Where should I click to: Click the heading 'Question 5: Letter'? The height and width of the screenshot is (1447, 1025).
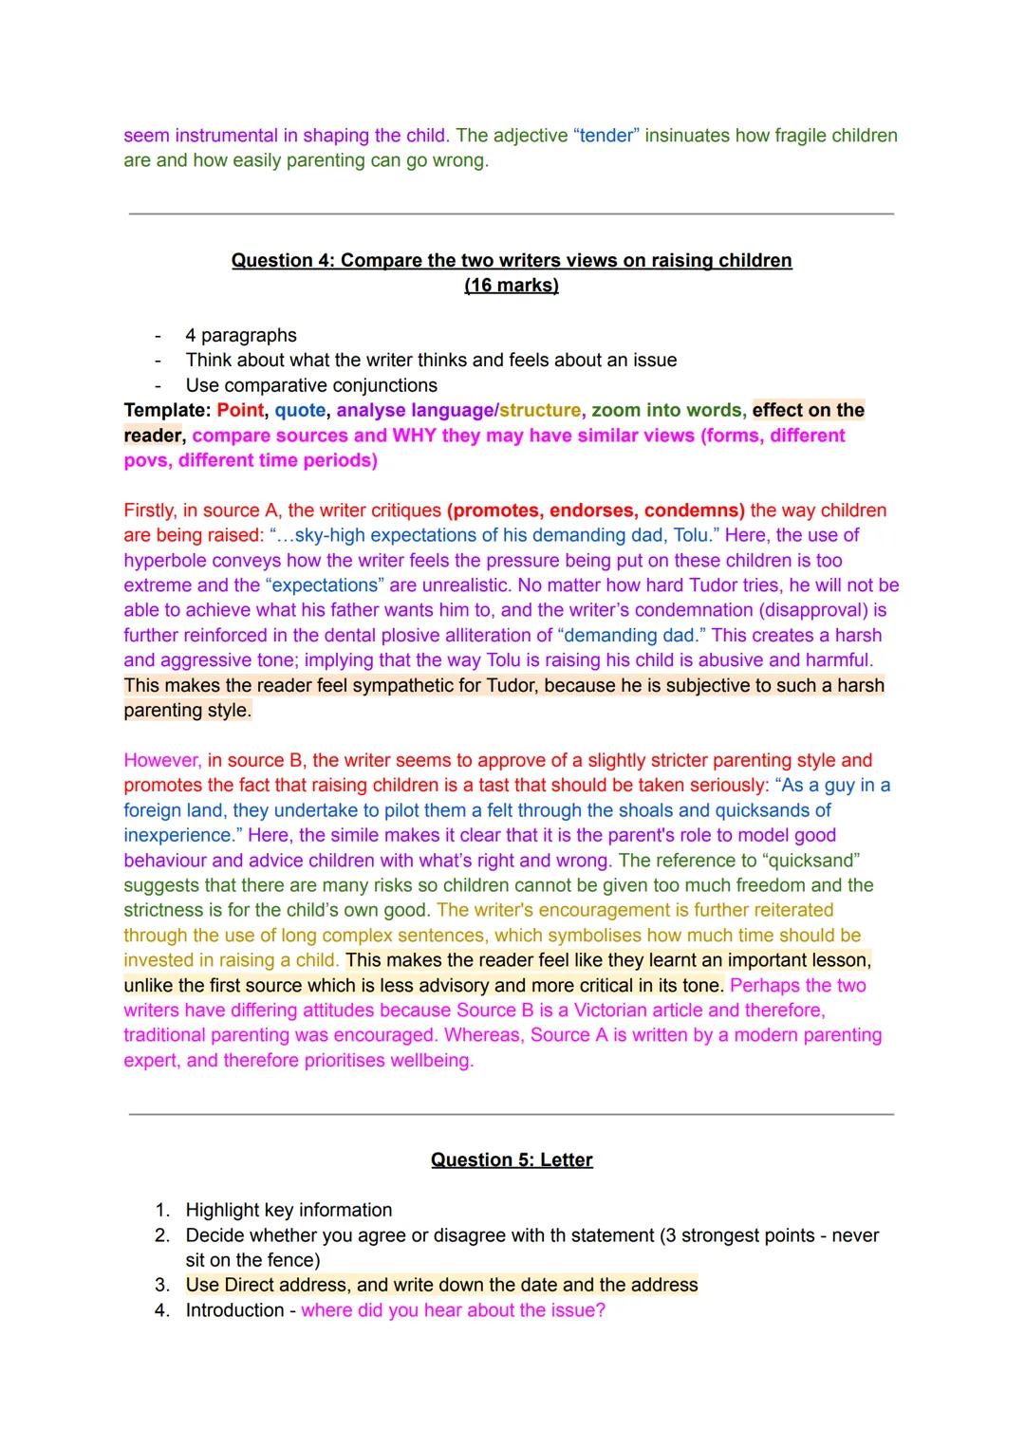pos(512,1159)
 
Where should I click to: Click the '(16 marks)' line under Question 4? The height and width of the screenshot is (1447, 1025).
pos(512,285)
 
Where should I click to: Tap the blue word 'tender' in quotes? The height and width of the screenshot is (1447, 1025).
pos(606,135)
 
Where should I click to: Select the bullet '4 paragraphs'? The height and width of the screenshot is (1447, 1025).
pos(241,335)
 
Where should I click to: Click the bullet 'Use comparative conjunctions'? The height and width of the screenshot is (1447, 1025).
pos(311,385)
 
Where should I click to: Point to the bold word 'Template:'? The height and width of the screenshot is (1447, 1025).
pos(167,410)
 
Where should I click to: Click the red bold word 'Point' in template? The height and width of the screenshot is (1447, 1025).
pos(239,410)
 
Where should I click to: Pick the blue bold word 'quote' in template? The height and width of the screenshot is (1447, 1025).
pos(300,410)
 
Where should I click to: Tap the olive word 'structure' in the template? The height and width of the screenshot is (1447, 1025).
pos(540,410)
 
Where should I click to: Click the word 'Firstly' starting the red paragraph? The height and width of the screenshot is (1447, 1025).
pos(149,510)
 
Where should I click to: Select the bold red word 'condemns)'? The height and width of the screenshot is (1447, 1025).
pos(694,510)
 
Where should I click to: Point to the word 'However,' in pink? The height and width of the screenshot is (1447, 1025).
pos(162,760)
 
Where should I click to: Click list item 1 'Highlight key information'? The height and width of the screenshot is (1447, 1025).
pos(289,1210)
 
